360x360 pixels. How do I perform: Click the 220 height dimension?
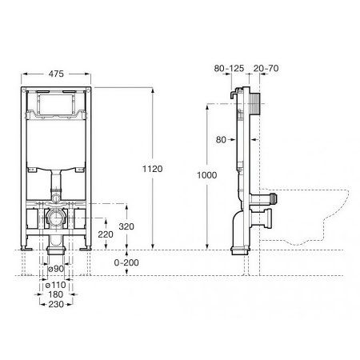[105, 235]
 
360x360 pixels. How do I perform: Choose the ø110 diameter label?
[54, 286]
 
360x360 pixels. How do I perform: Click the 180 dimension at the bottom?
[54, 295]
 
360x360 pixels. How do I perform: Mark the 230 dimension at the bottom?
[54, 305]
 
